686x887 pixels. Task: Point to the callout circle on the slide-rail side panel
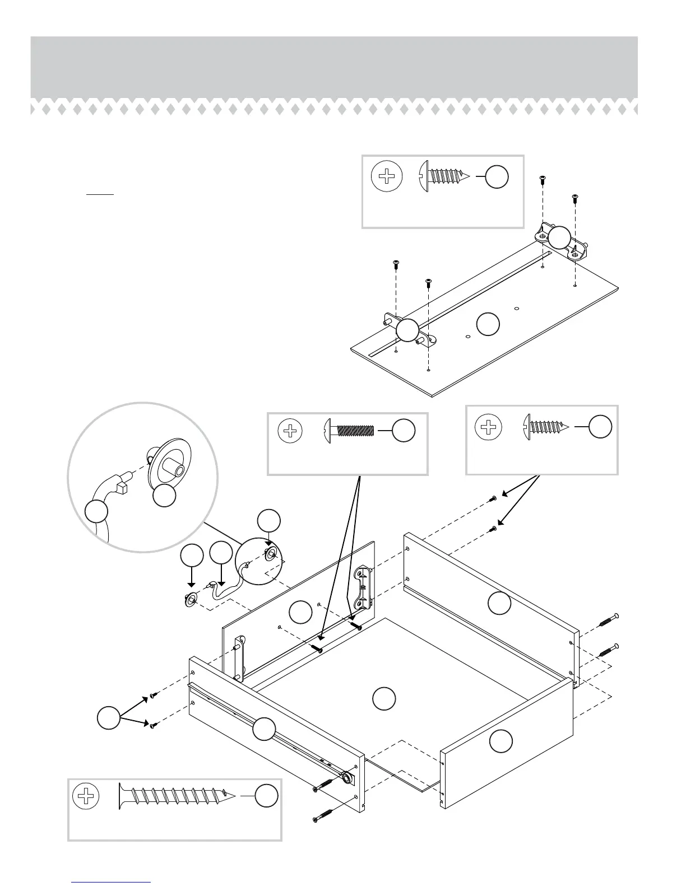(263, 730)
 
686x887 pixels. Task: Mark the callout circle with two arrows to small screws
(108, 717)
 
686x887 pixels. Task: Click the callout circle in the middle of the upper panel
(488, 324)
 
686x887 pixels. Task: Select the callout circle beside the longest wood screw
(266, 796)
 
